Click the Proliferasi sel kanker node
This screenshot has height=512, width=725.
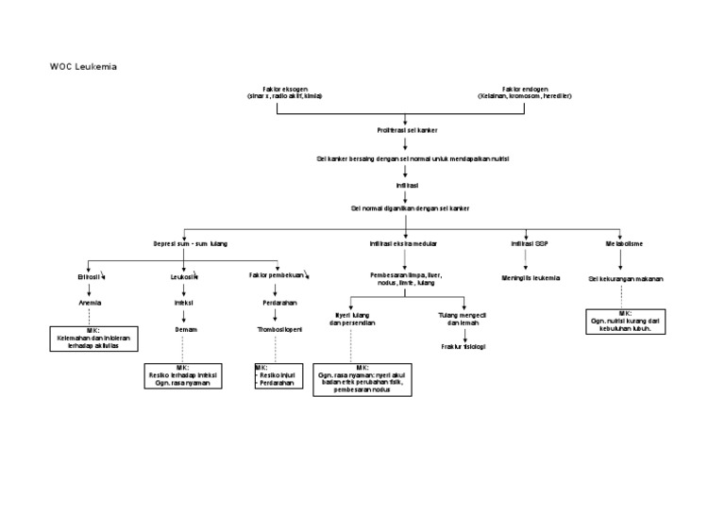coord(407,129)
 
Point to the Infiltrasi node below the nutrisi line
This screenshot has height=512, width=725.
coord(407,186)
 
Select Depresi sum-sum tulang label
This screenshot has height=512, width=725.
coord(190,243)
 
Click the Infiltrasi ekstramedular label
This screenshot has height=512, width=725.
coord(403,243)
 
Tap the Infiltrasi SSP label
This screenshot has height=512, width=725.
coord(529,243)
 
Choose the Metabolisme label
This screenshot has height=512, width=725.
coord(624,243)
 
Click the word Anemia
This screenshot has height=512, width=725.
coord(90,303)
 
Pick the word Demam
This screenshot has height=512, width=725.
coord(185,330)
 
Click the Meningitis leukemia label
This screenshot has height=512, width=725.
coord(531,278)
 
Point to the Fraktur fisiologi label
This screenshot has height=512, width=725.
coord(463,346)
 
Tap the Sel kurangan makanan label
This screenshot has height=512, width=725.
coord(625,279)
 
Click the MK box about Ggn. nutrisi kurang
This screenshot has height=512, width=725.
coord(626,322)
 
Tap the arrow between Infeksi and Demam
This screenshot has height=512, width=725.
coord(184,317)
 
